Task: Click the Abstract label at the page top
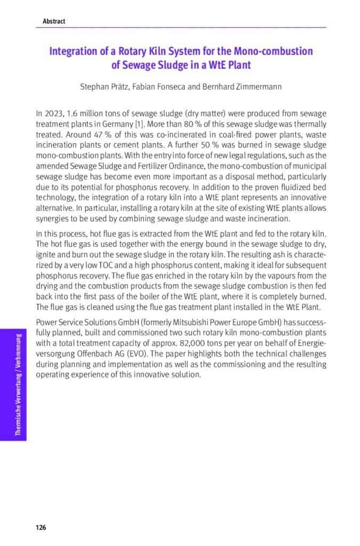point(54,21)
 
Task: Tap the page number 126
point(41,527)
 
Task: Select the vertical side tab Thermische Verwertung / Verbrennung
point(19,384)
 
